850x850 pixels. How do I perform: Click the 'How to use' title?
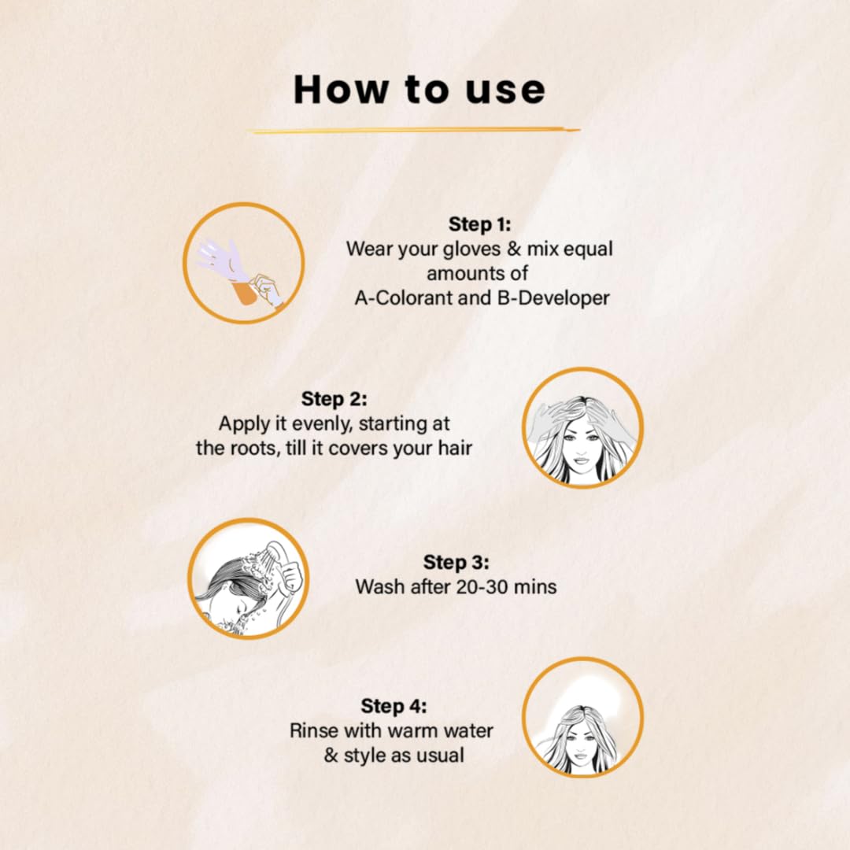419,90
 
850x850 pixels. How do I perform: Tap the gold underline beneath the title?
415,131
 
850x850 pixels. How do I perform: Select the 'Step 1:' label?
479,224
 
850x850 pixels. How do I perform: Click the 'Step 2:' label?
334,399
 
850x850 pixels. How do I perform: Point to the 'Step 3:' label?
456,562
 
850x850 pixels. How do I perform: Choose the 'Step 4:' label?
394,706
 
